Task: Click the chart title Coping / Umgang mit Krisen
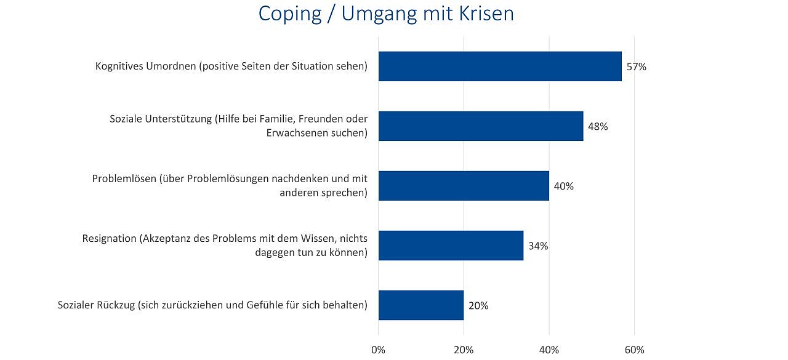coord(386,14)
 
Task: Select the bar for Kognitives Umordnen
coord(500,66)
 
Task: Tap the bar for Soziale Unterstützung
coord(481,126)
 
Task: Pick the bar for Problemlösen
coord(464,186)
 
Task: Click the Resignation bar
coord(451,246)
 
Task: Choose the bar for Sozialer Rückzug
coord(421,305)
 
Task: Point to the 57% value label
coord(637,67)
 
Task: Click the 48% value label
coord(598,127)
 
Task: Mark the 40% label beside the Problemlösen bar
coord(564,186)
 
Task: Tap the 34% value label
coord(538,246)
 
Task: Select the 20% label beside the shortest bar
coord(478,306)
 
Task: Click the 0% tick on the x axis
coord(378,350)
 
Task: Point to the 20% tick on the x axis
coord(464,350)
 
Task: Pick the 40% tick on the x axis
coord(549,350)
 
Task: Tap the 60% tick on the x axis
coord(635,350)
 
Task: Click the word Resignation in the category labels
coord(109,239)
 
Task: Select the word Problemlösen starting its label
coord(124,179)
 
